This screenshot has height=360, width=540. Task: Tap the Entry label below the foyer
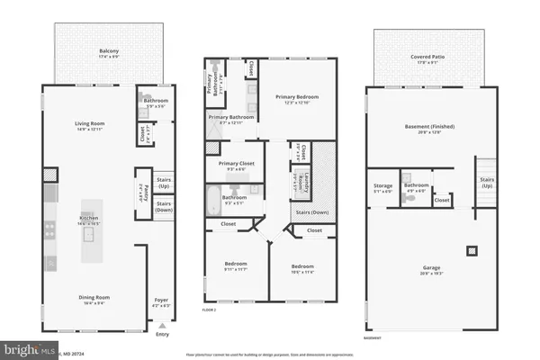pyautogui.click(x=162, y=336)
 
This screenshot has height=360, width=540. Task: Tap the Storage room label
pyautogui.click(x=382, y=188)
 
